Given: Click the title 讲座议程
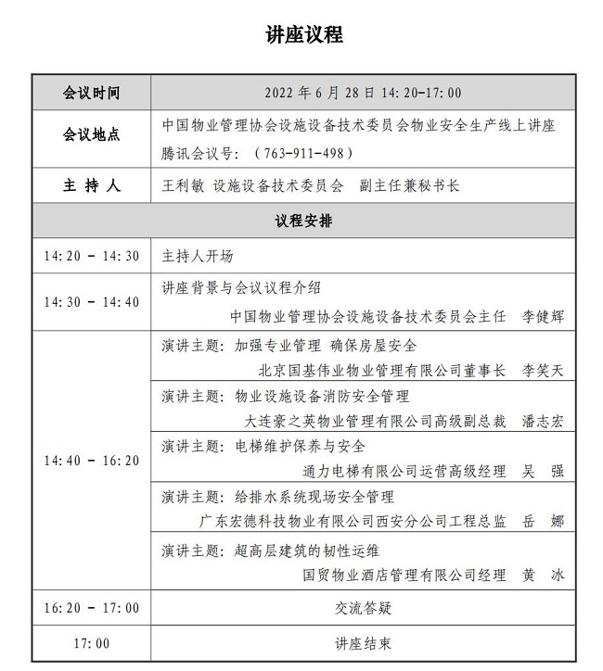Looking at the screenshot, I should (x=304, y=35).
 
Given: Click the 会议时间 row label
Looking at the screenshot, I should (x=91, y=93).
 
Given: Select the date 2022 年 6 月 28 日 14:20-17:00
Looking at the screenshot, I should (x=363, y=93).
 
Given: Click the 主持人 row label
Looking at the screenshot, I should (x=91, y=185).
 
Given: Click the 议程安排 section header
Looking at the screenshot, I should (x=303, y=222).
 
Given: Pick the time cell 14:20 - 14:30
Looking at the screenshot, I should (x=91, y=257).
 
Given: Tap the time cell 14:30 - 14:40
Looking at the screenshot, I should (x=91, y=301).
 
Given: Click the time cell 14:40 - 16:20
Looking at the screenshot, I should (x=91, y=461).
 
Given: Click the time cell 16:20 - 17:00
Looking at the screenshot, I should (x=91, y=608).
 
